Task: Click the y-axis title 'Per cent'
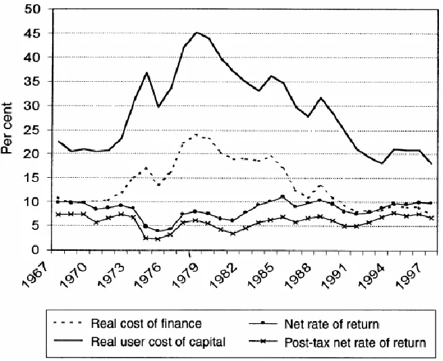point(9,129)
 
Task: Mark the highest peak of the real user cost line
point(197,32)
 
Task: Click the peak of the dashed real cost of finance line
point(196,135)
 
